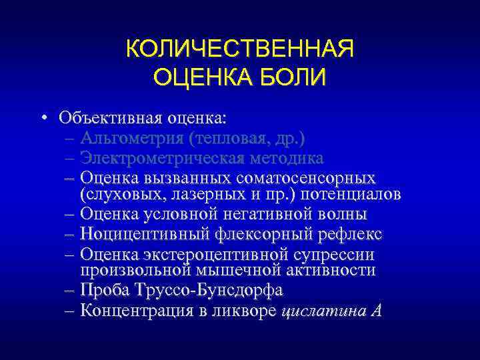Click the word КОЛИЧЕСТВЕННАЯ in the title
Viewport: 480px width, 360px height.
pos(240,50)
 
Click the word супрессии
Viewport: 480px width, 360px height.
pos(333,254)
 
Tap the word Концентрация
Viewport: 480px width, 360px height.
pos(136,311)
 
